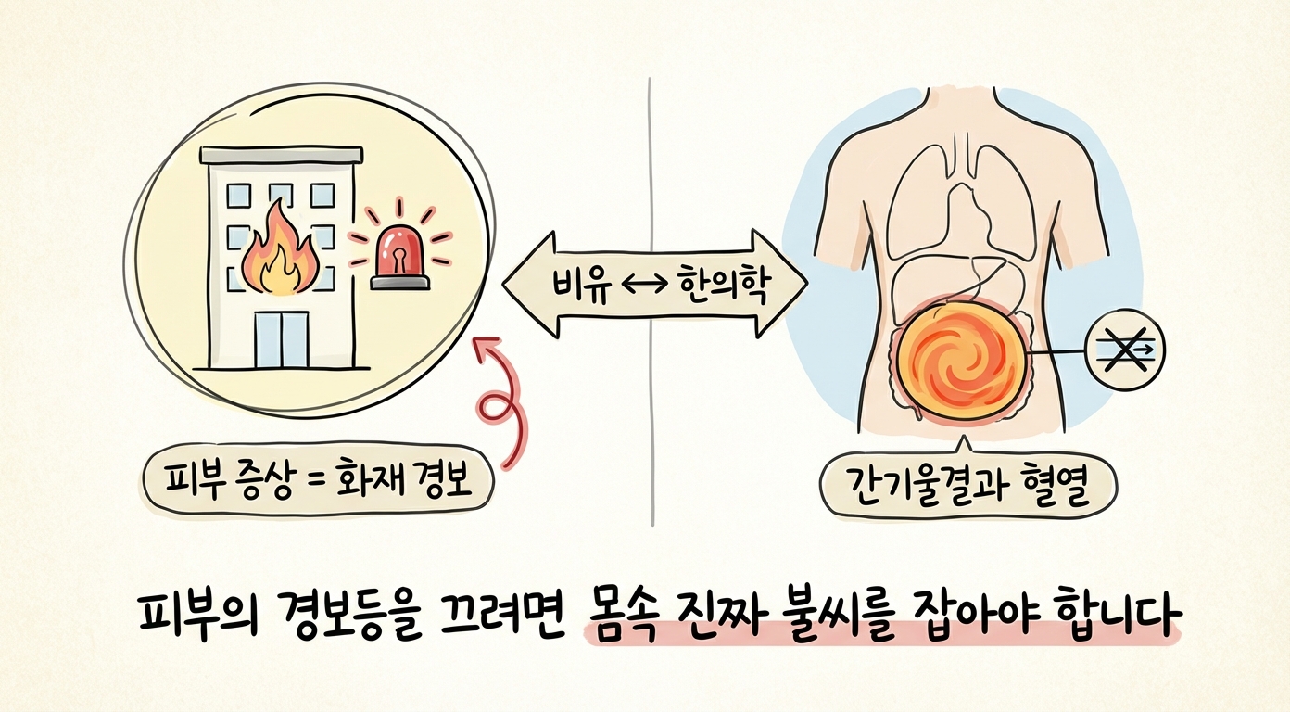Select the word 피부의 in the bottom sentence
(x=196, y=615)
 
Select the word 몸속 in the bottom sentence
(x=622, y=615)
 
